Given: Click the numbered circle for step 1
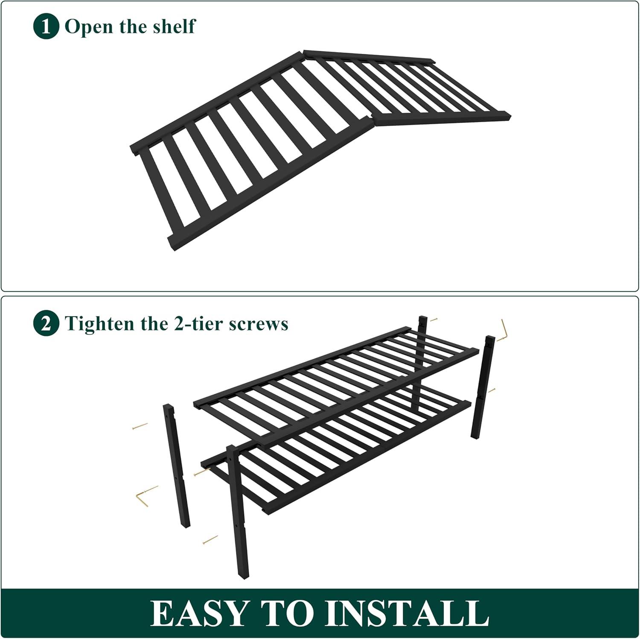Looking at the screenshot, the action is (46, 27).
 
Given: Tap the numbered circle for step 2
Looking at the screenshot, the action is (46, 324).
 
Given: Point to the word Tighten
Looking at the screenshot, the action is (99, 324).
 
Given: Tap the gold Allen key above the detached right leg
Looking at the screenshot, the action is (502, 331).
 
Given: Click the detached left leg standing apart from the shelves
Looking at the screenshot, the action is (176, 466).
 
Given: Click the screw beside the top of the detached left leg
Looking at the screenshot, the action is (140, 426).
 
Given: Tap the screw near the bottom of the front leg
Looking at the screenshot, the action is (210, 540).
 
